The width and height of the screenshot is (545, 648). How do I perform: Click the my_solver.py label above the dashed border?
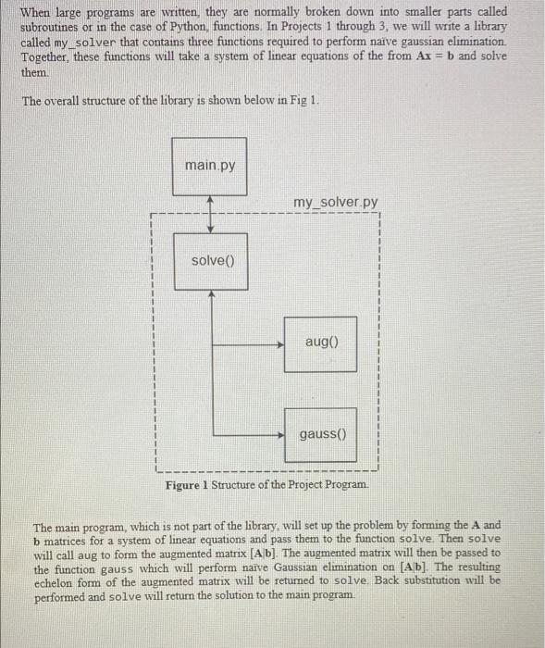[x=335, y=203]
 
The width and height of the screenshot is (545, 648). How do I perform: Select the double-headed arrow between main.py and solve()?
[x=212, y=215]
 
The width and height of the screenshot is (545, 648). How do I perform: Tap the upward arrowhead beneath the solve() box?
[x=212, y=294]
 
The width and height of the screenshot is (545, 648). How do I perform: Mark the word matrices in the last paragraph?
[x=72, y=539]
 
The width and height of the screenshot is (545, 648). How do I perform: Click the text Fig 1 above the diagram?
[x=304, y=100]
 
